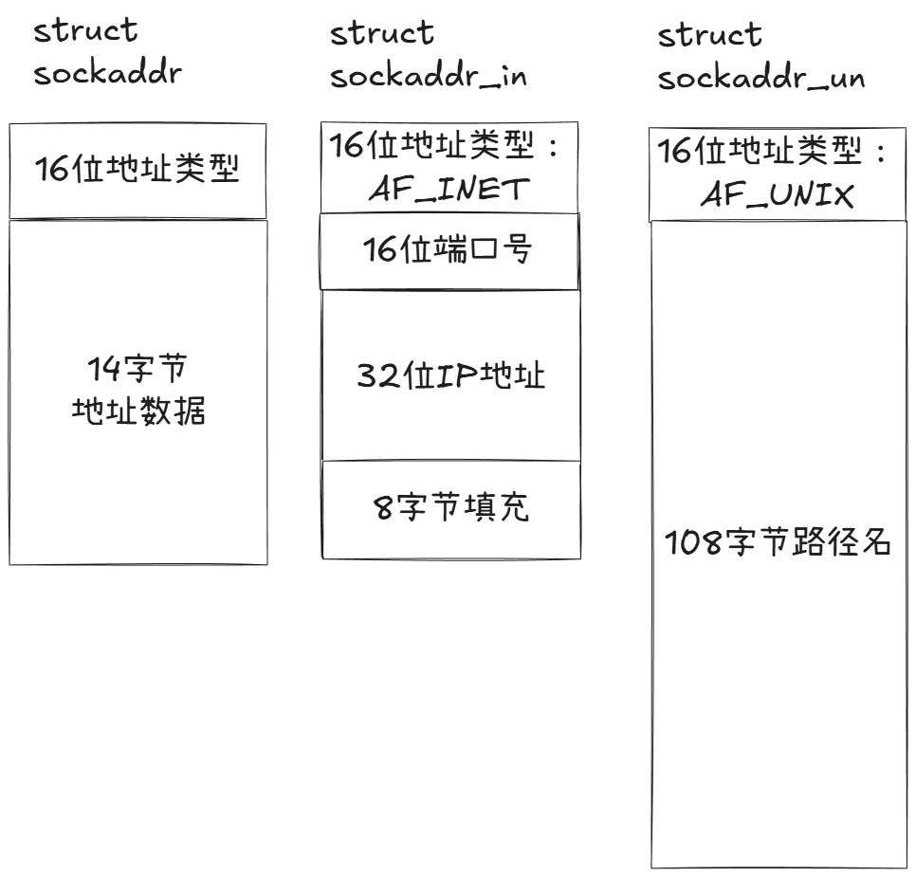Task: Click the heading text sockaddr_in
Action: point(429,77)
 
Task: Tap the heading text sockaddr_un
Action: point(761,78)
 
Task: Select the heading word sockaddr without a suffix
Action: point(106,74)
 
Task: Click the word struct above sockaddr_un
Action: point(710,36)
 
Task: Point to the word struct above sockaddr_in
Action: point(382,34)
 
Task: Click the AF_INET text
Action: point(448,189)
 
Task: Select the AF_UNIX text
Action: point(778,195)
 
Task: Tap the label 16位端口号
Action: point(448,250)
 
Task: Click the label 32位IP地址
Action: point(450,375)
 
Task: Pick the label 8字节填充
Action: point(450,508)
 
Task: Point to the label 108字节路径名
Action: point(778,545)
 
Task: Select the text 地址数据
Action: point(138,411)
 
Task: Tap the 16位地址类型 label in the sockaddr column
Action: point(137,170)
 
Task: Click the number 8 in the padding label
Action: point(382,509)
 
